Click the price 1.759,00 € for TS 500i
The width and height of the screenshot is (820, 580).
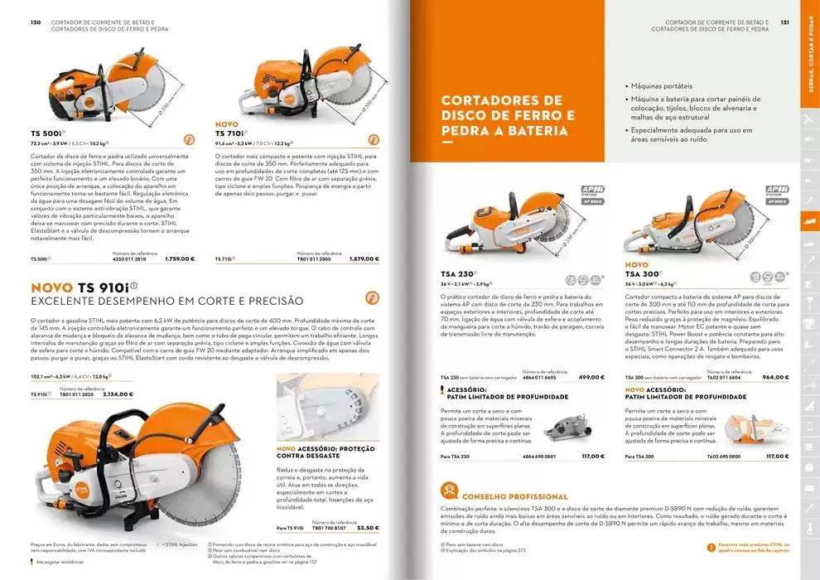coord(180,259)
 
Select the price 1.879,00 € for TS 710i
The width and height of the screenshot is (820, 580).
coord(364,259)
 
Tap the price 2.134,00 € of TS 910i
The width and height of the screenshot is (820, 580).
coord(118,394)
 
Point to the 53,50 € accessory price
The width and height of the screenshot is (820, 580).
coord(367,527)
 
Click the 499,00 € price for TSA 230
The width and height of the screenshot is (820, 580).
coord(591,377)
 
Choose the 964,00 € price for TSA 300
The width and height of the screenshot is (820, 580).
coord(774,377)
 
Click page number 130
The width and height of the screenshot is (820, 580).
coord(36,22)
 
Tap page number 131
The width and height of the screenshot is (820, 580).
coord(784,22)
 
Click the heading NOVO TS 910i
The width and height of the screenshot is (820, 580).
coord(84,287)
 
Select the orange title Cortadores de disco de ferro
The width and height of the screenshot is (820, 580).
coord(508,115)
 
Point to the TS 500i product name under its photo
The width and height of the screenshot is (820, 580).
coord(47,133)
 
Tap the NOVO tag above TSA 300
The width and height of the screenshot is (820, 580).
coord(636,264)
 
